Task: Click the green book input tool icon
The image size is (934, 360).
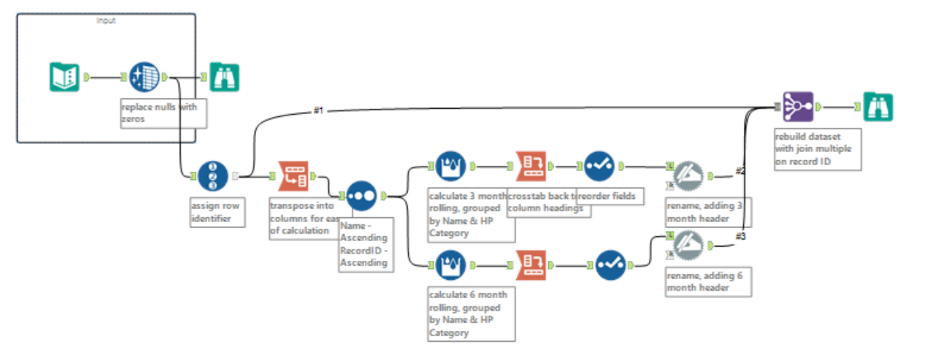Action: click(65, 77)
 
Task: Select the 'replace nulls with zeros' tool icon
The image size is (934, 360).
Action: click(143, 77)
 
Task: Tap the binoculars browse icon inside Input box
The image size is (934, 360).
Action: click(224, 77)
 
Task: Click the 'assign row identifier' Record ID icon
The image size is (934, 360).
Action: click(213, 176)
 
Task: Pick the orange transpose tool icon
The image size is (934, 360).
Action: click(293, 176)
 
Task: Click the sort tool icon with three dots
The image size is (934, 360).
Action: click(361, 196)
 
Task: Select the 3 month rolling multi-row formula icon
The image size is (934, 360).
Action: click(450, 166)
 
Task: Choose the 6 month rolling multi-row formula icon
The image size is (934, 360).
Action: click(450, 265)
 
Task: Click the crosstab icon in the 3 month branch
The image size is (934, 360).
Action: click(531, 166)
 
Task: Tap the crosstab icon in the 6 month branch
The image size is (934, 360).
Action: click(531, 265)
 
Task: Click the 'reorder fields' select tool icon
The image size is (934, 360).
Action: click(598, 166)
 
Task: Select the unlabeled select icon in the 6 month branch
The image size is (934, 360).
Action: click(610, 265)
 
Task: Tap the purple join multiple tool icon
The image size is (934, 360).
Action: click(797, 107)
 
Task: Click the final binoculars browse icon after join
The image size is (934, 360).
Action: click(878, 107)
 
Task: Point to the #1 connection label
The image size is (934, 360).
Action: click(319, 110)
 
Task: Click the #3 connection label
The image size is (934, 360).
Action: click(740, 236)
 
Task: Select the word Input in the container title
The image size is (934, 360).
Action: click(106, 20)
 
